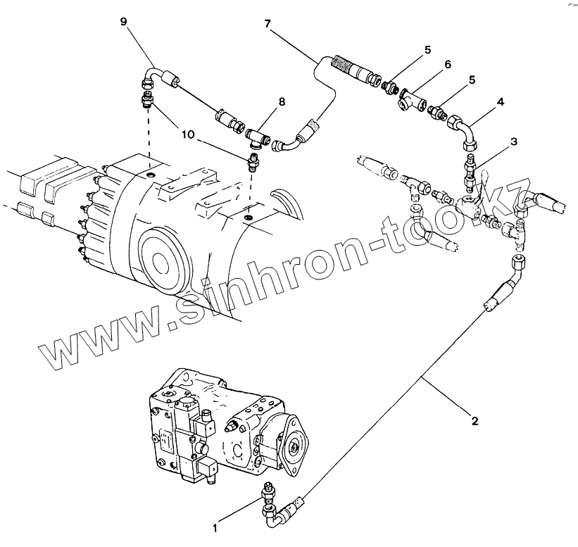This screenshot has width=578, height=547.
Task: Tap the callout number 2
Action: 475,422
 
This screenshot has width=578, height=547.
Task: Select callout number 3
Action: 514,142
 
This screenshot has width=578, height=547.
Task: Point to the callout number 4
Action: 501,101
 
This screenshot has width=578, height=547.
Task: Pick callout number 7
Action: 268,24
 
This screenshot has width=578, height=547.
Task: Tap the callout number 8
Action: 282,102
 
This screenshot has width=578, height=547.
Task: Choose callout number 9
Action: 123,22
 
